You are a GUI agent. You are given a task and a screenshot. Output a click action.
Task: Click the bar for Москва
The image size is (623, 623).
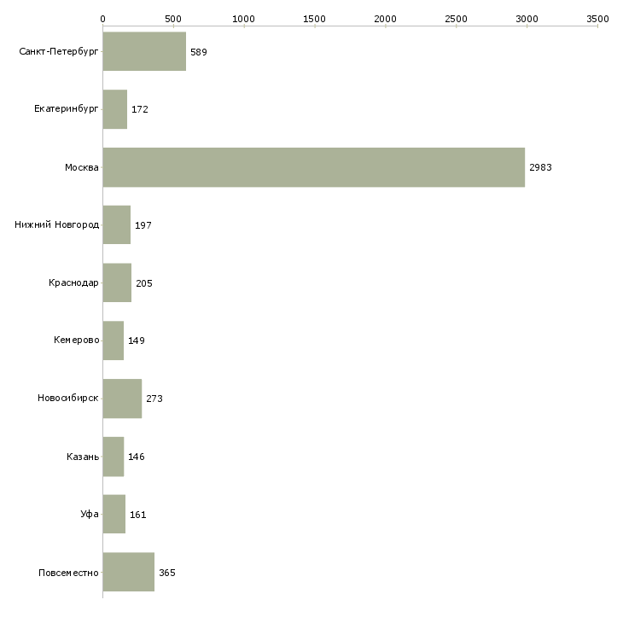[x=313, y=167]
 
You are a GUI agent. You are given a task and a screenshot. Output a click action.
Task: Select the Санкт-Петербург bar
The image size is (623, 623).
[x=144, y=52]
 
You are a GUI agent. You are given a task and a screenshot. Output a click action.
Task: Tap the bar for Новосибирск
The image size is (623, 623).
[x=122, y=399]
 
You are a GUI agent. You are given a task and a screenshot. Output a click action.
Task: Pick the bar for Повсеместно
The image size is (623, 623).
[x=128, y=572]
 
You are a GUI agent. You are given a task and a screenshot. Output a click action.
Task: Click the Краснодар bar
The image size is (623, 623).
[x=117, y=283]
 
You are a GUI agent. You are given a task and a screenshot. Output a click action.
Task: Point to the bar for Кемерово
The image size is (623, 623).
[x=114, y=341]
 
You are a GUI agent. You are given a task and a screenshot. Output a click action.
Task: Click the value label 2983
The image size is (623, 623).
[x=540, y=167]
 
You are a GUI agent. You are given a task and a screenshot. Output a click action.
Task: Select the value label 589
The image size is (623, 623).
[x=199, y=52]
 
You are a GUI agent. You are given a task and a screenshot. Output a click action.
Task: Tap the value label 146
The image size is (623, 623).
[x=137, y=457]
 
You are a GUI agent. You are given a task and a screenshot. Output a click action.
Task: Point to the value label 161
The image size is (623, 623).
[x=138, y=515]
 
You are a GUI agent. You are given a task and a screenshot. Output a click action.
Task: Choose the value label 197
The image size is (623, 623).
[x=143, y=225]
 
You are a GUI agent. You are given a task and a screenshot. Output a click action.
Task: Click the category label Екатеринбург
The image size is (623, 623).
[x=67, y=109]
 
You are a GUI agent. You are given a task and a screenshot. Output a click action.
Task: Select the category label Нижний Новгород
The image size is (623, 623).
[x=57, y=225]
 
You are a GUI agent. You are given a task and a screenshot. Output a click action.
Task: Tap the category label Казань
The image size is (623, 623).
[x=83, y=457]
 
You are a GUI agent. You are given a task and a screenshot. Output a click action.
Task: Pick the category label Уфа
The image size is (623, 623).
[x=90, y=515]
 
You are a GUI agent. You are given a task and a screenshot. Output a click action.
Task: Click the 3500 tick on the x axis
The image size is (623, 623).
[x=597, y=18]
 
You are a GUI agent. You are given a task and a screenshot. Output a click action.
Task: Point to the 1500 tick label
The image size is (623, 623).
[x=315, y=18]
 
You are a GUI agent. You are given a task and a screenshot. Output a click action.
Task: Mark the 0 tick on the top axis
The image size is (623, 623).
[x=102, y=18]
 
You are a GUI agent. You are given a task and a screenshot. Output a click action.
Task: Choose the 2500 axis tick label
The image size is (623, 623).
[x=456, y=18]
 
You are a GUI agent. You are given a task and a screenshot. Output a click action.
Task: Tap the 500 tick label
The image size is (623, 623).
[x=173, y=18]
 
